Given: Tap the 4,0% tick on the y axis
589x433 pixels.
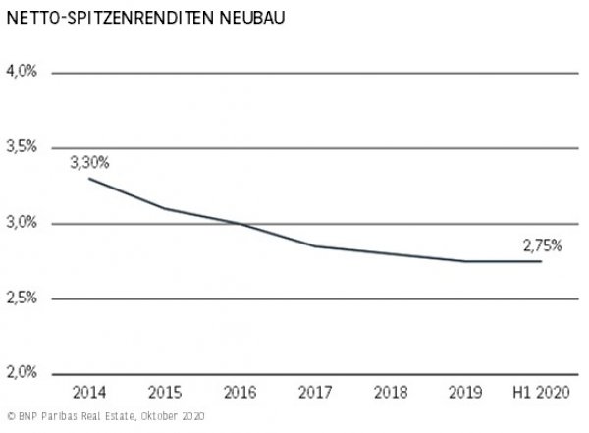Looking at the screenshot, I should [22, 72].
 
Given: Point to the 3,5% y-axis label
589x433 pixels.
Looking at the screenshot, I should [22, 147].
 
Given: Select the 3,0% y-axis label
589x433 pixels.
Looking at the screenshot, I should [22, 223].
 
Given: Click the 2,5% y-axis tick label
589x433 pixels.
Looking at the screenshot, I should [22, 298].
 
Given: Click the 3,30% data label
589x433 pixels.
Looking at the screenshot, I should [88, 163].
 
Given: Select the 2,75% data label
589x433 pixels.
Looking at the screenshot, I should [541, 246].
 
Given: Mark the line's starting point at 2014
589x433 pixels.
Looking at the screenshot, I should [90, 178].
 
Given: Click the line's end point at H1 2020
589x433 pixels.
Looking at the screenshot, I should [540, 261].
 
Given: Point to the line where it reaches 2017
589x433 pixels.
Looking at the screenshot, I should [315, 245].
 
